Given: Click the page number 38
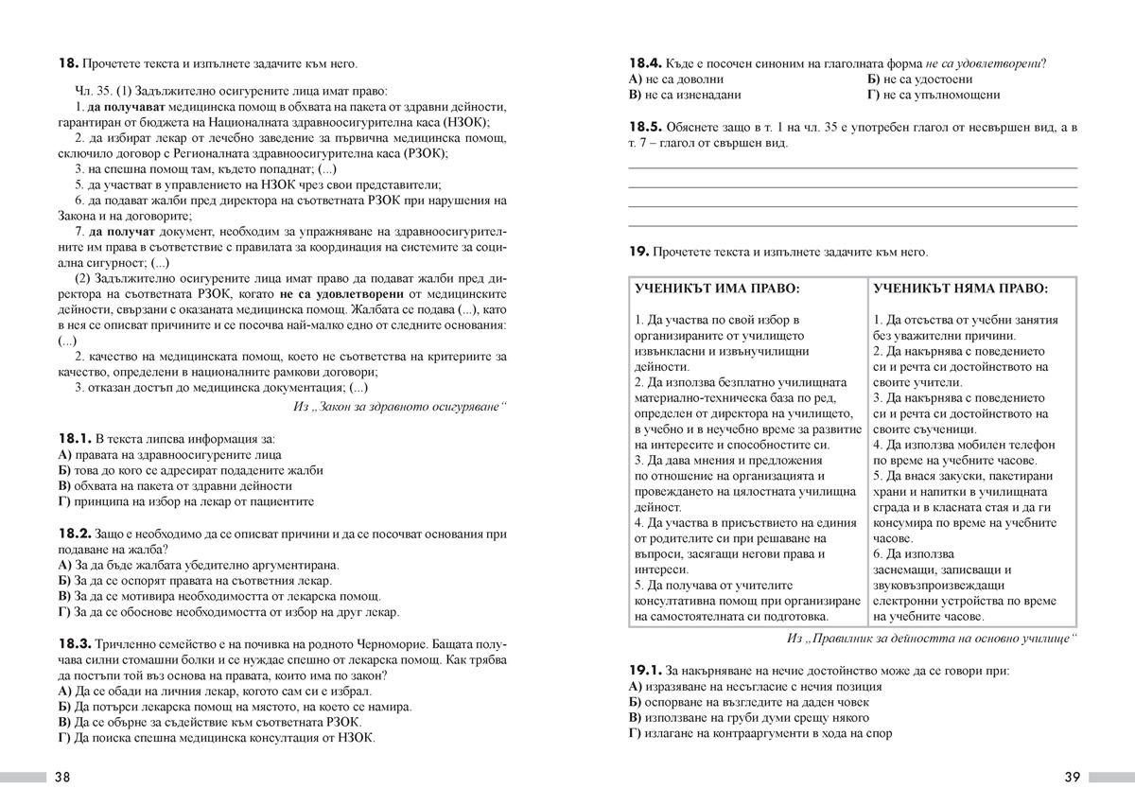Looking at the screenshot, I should coord(62,778).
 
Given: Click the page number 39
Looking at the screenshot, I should coord(1071,778).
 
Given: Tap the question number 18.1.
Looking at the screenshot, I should coord(74,439).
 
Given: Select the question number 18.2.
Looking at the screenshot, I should coord(74,534).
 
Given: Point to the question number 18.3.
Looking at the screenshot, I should coord(74,642).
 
